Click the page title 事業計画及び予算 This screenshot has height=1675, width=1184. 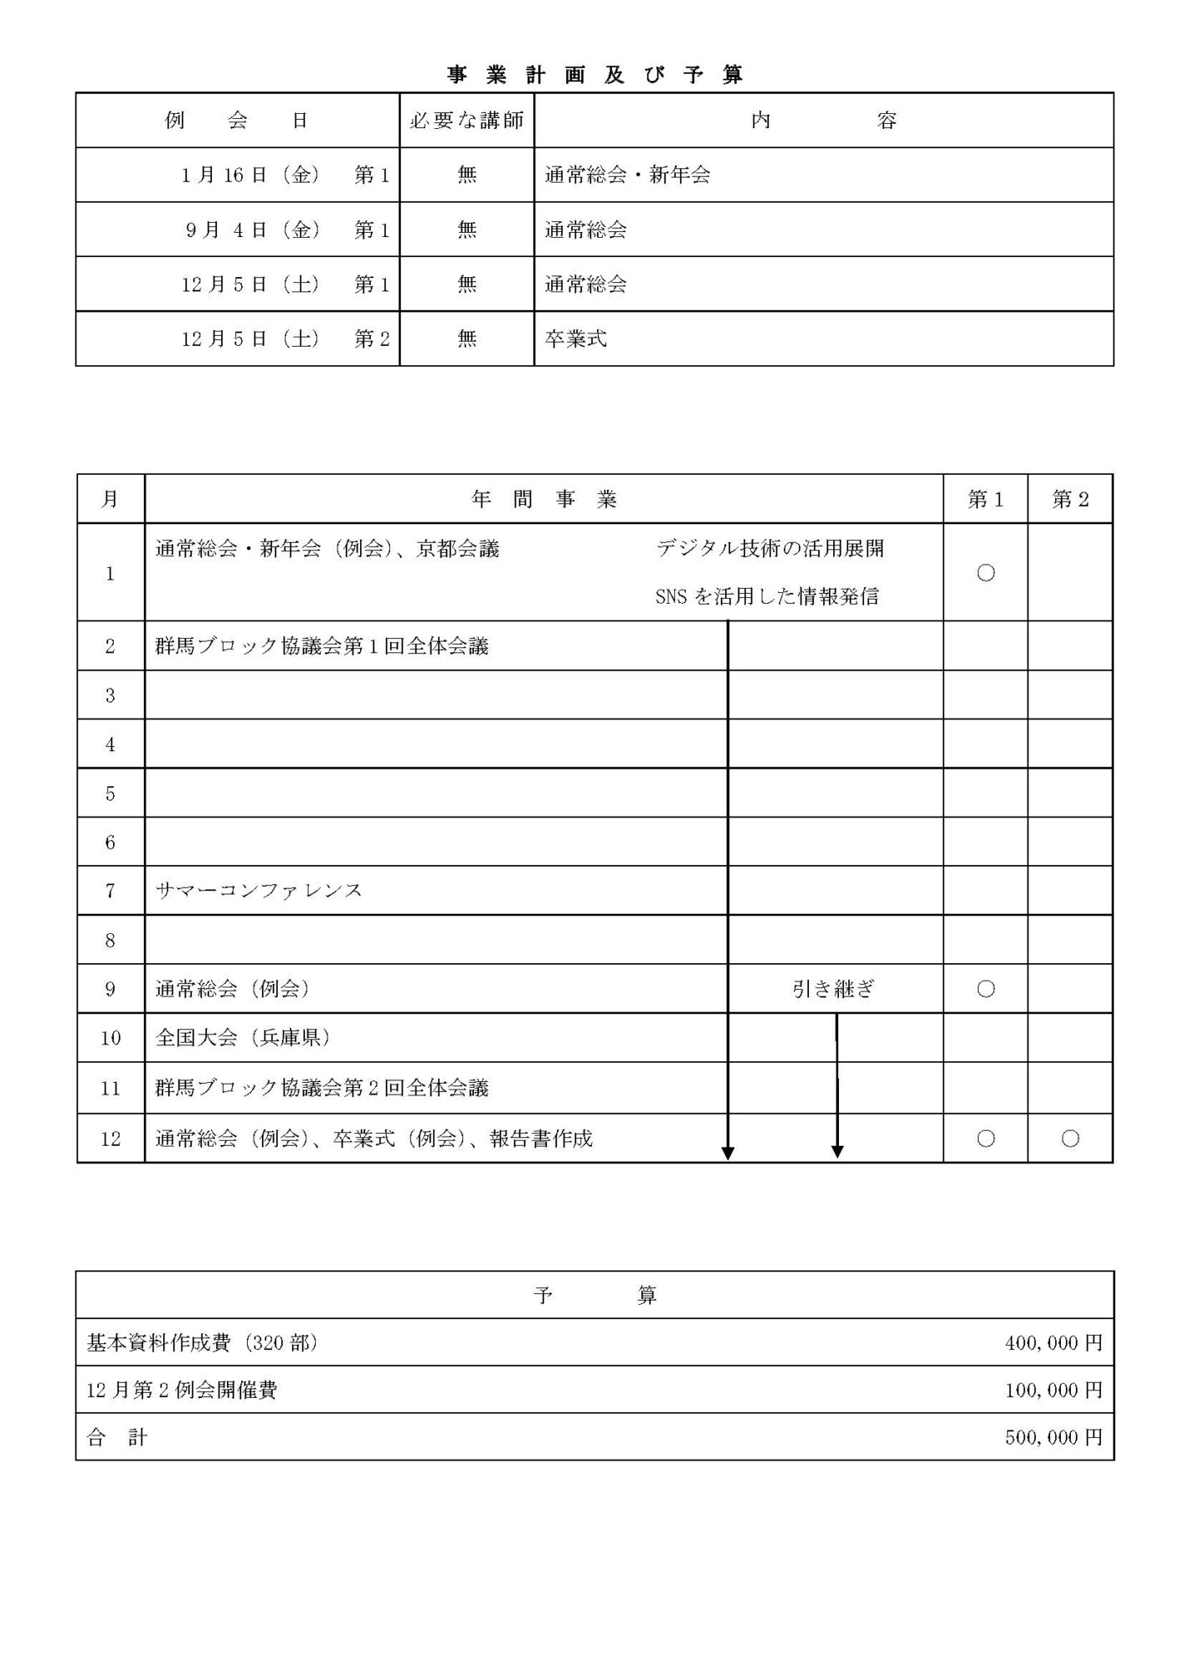(x=595, y=75)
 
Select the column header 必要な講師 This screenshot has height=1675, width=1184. (x=466, y=121)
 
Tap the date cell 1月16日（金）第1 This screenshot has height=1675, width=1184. (x=285, y=175)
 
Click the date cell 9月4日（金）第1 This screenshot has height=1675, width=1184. (x=286, y=229)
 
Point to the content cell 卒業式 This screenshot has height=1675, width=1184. (x=575, y=339)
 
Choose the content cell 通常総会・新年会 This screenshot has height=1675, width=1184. (x=627, y=175)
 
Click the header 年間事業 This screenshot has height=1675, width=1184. (x=543, y=500)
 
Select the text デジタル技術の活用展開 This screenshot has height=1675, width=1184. (x=770, y=549)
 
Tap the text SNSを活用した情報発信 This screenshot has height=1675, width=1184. (x=767, y=596)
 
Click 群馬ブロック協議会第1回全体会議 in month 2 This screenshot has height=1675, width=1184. (x=322, y=647)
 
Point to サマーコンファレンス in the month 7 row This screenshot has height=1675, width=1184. (x=259, y=890)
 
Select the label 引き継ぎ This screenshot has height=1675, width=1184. (x=833, y=989)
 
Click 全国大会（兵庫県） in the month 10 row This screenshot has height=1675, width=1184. (x=243, y=1038)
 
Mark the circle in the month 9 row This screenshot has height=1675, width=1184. (x=986, y=989)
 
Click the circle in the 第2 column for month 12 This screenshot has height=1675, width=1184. (x=1070, y=1138)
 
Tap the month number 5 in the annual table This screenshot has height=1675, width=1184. (x=110, y=793)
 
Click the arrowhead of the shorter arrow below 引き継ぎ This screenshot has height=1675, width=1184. (x=837, y=1152)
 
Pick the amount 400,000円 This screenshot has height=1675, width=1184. (x=1053, y=1343)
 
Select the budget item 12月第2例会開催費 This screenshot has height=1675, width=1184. (x=182, y=1390)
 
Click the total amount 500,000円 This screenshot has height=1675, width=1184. (x=1053, y=1438)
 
